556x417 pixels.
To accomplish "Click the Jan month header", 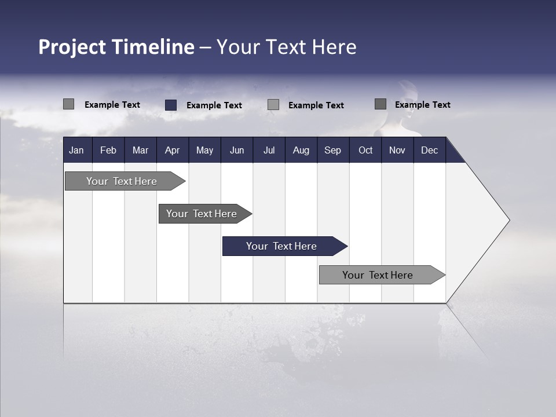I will [76, 150].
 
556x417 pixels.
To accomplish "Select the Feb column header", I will [108, 150].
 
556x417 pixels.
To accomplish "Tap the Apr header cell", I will [172, 150].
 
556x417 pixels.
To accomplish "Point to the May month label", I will [204, 150].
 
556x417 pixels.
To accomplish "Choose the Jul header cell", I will [269, 150].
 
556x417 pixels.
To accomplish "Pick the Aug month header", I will [301, 150].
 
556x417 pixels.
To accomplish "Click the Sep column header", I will [332, 150].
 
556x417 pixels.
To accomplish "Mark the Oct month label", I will [365, 150].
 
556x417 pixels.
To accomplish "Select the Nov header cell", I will [397, 150].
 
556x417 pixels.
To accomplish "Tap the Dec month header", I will [429, 150].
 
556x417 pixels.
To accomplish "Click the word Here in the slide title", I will [334, 47].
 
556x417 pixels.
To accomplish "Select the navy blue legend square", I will [171, 105].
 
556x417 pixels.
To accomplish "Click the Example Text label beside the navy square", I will [214, 105].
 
